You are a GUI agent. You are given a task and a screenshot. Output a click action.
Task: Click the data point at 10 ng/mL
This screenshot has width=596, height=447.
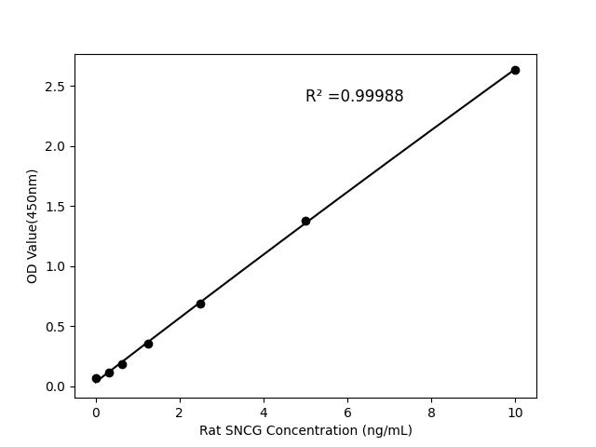515,70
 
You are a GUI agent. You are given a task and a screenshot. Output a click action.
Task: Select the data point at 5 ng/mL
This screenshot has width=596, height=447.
305,221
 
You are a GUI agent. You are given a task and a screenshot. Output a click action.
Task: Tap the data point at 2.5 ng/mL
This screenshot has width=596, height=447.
200,304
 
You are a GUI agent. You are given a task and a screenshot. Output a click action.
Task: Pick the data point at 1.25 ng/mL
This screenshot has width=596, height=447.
148,344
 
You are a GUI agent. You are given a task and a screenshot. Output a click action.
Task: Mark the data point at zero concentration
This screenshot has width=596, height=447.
96,378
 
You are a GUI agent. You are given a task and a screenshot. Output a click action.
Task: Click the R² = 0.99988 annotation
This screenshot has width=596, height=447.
354,96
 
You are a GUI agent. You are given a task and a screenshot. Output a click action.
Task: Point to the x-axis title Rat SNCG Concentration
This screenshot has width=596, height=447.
305,430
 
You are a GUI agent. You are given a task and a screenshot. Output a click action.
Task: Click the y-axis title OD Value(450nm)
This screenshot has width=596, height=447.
33,226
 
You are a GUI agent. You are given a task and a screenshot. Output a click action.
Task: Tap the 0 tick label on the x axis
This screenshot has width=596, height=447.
96,411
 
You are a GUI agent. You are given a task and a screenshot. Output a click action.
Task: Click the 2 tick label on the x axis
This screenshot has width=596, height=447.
180,411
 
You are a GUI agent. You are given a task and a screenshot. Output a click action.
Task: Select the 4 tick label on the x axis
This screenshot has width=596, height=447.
264,411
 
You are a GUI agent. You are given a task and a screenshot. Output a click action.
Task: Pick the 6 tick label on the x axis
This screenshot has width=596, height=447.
347,411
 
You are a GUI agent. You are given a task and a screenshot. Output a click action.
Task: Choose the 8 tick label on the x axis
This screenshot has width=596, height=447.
431,411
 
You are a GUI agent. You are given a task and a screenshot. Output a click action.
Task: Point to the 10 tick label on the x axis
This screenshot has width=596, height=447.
515,411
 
